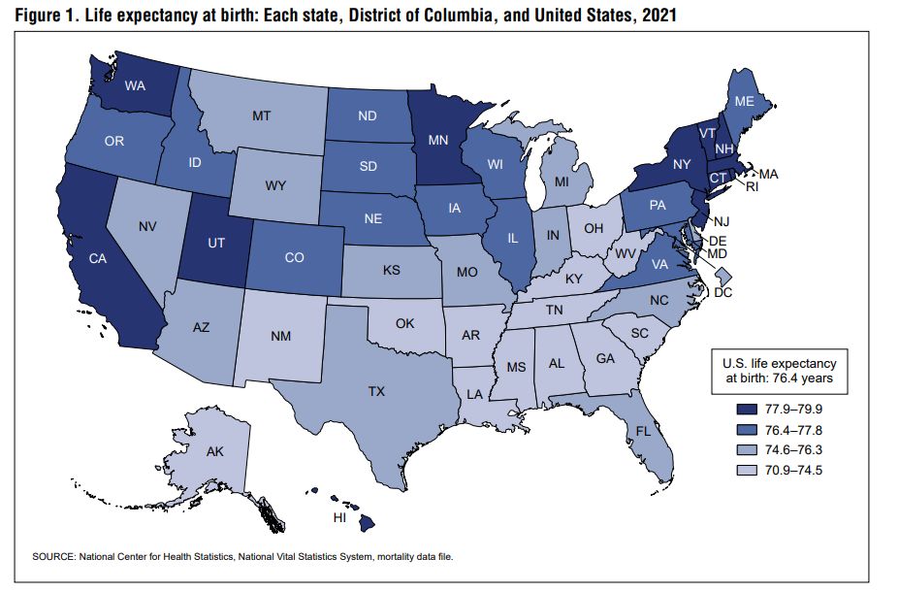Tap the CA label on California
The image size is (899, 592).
97,259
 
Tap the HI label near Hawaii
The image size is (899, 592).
340,518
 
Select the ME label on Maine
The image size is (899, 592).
745,102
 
